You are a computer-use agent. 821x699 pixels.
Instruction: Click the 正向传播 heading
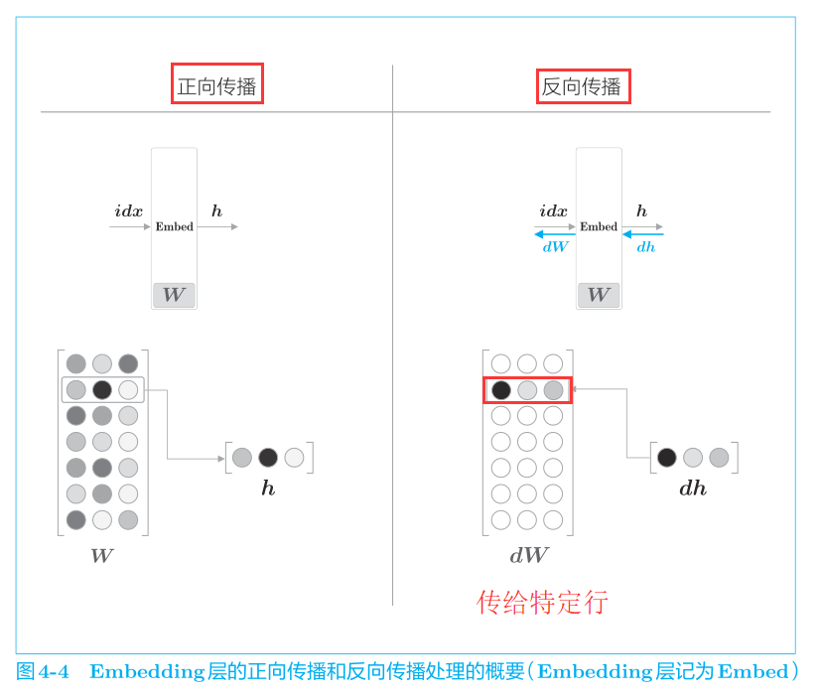click(216, 86)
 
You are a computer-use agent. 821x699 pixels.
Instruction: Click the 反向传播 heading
click(581, 86)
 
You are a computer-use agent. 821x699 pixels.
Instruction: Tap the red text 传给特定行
click(542, 602)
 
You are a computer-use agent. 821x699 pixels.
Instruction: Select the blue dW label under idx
click(555, 246)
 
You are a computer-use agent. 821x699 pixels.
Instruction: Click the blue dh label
click(645, 247)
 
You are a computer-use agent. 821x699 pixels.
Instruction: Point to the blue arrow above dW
click(555, 234)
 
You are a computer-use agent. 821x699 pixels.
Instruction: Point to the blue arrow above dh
click(643, 234)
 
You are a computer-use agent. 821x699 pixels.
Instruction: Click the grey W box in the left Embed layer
click(174, 295)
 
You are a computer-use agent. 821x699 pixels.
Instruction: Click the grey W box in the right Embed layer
click(599, 295)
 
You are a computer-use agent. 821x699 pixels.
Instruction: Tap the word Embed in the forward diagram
click(175, 226)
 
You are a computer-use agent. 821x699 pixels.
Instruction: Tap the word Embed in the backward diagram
click(599, 226)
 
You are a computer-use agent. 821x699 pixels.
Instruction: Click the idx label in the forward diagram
click(128, 211)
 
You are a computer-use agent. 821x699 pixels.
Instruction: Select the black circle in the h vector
click(268, 458)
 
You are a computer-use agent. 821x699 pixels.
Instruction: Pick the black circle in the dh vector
click(666, 458)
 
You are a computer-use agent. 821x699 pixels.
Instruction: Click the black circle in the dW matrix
click(501, 390)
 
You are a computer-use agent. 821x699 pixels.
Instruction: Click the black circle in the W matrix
click(102, 390)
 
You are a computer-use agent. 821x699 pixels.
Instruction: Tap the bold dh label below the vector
click(693, 489)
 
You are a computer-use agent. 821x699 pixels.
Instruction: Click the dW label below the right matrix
click(529, 556)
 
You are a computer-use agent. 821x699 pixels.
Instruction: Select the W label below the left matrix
click(102, 556)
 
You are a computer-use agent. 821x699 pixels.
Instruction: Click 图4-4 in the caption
click(43, 672)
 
